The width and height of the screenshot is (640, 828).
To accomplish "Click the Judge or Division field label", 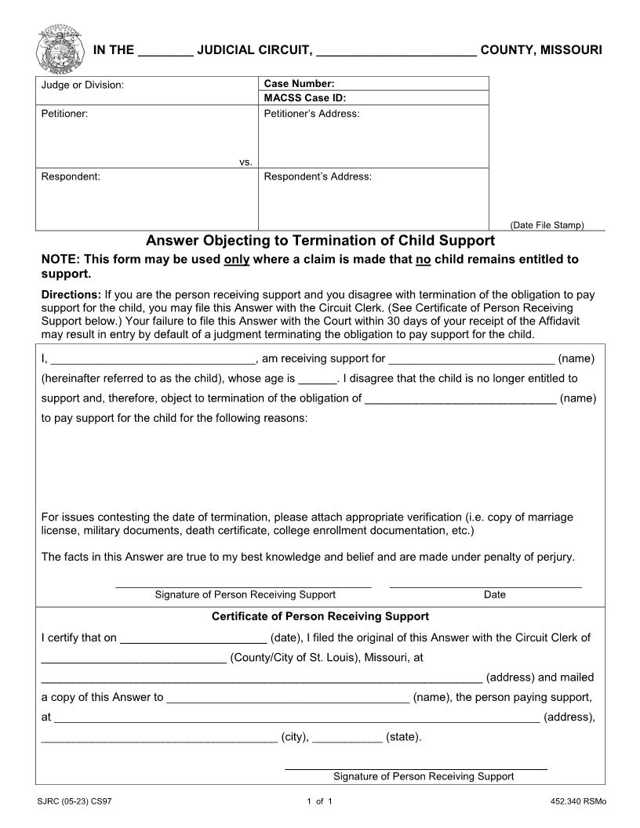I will pos(82,85).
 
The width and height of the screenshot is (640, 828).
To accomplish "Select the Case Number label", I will pos(299,83).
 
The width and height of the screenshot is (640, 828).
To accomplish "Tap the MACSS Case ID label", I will pos(305,98).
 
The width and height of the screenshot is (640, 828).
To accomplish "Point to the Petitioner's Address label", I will pos(311,114).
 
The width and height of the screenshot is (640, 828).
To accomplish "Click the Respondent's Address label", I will pos(318,176).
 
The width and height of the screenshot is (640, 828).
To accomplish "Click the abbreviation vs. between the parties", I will pos(245,162).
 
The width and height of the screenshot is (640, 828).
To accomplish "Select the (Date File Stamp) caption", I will pos(547,225).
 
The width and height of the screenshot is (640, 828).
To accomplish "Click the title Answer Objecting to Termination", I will pos(321,241).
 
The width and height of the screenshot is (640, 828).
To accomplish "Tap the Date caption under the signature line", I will pos(495,594).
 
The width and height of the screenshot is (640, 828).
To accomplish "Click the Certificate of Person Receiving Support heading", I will pos(320,616).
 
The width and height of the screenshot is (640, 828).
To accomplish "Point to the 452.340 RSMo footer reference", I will pos(579,801).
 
